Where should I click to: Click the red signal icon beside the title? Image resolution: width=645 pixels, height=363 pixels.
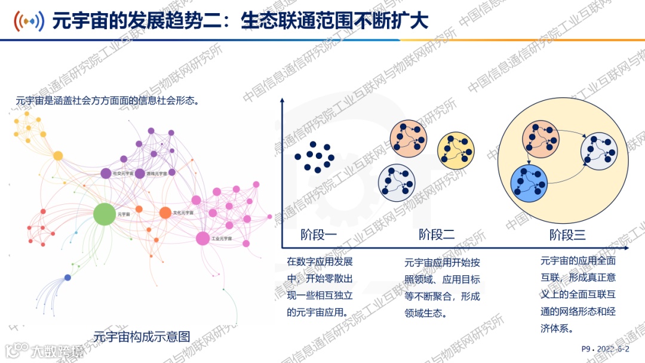coord(29,21)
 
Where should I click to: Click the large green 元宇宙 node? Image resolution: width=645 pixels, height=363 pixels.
coord(104,214)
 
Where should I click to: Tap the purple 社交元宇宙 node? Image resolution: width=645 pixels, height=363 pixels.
coord(106,173)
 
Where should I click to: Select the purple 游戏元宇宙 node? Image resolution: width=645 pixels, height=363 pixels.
coord(140,173)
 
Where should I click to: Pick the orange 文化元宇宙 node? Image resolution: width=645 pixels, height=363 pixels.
coord(165,212)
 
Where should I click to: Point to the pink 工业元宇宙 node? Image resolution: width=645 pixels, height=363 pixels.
coord(203,238)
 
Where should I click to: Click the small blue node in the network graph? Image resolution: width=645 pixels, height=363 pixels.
coord(67,278)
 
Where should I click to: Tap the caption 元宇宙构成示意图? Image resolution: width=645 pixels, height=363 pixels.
coord(142,336)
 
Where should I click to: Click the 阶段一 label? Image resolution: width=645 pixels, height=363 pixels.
coord(318,235)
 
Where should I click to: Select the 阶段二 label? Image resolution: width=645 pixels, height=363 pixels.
coord(437,235)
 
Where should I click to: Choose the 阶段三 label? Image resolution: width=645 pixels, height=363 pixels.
coord(567,235)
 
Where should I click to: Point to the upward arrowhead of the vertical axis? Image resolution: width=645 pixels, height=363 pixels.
coord(282,101)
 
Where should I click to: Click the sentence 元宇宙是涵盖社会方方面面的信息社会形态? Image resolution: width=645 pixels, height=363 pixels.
coord(107,101)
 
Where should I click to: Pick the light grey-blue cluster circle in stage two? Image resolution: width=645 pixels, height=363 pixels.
coord(397,181)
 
